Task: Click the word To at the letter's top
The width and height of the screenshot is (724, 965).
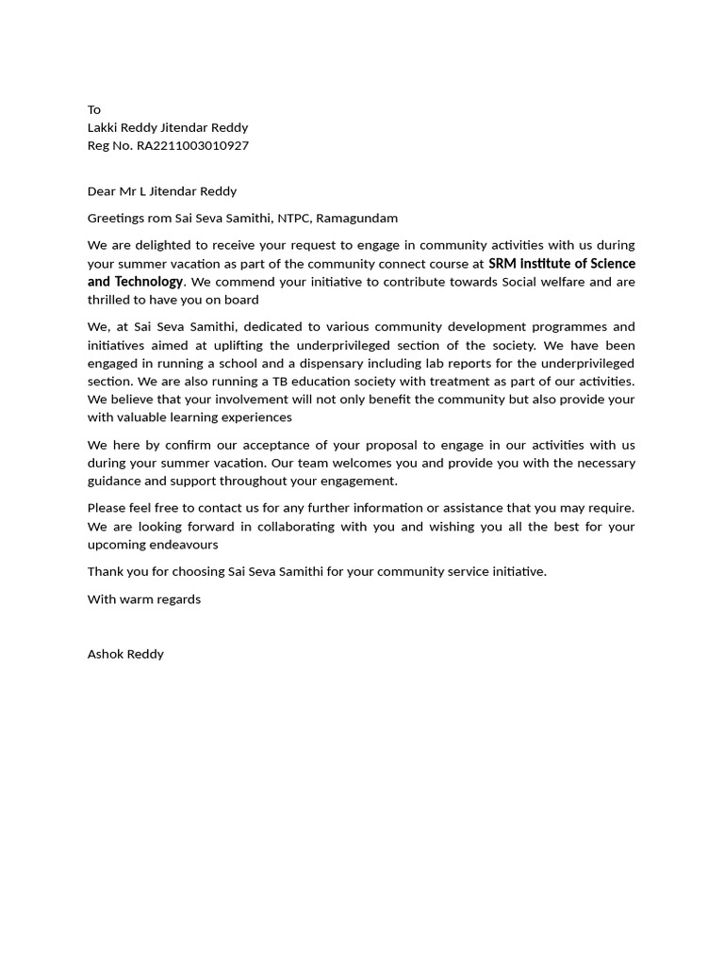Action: click(x=94, y=109)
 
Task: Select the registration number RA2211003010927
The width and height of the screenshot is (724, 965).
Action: click(x=192, y=145)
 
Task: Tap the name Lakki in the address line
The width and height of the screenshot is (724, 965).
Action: click(x=103, y=127)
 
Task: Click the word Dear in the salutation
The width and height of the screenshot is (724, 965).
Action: click(x=101, y=190)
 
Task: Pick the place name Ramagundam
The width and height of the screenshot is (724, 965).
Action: click(x=357, y=218)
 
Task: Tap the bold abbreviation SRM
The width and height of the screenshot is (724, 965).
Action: click(x=503, y=263)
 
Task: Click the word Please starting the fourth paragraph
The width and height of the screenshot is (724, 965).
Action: click(x=107, y=508)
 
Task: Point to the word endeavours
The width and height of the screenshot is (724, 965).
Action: click(x=185, y=544)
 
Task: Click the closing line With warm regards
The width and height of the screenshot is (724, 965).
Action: click(x=144, y=598)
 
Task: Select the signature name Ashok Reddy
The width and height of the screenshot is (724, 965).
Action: click(x=125, y=653)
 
